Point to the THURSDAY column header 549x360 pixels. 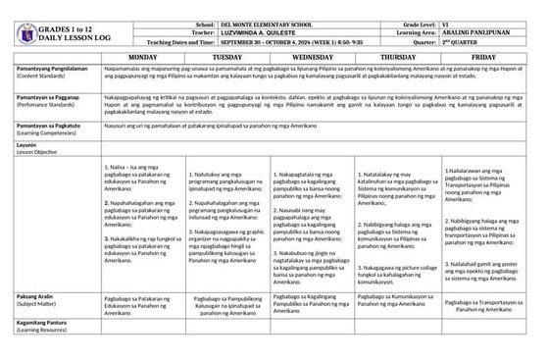pos(395,58)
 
